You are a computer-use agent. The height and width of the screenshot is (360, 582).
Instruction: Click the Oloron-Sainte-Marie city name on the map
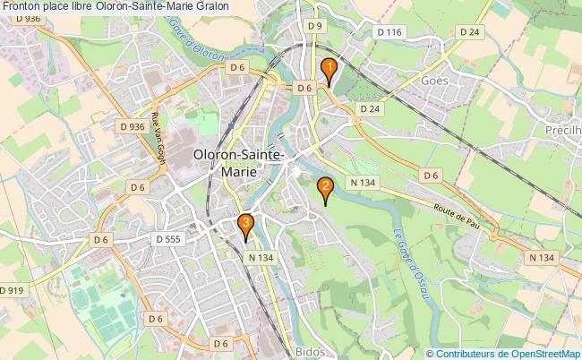(239, 163)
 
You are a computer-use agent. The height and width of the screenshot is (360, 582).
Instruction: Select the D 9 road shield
(313, 27)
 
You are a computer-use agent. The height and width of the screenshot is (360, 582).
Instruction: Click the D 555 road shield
(168, 239)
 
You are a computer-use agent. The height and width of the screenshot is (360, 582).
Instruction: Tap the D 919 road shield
(12, 290)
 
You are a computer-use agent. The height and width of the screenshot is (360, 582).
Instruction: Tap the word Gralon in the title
(209, 6)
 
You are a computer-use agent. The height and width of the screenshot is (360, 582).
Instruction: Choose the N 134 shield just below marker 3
(260, 257)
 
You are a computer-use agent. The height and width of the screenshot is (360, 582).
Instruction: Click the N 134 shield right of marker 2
(363, 183)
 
